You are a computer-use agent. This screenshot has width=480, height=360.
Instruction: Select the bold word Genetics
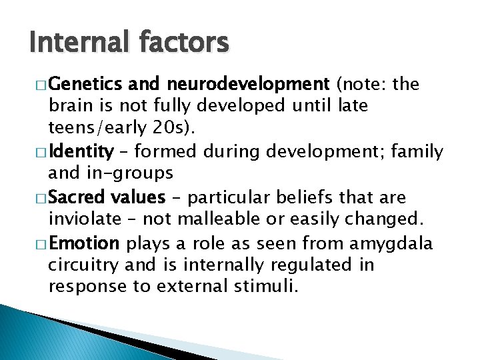pyautogui.click(x=87, y=85)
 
